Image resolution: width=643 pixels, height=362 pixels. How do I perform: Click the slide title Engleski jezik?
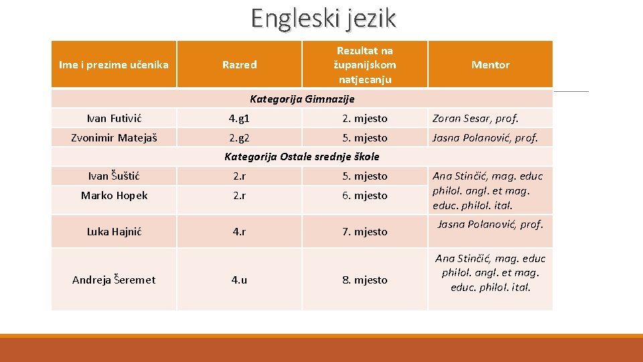coord(324,17)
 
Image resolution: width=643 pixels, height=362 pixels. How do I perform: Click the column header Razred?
coord(239,65)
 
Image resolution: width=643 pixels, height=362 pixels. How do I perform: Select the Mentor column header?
coord(490,65)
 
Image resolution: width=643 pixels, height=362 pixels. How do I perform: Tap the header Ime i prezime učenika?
coord(114,65)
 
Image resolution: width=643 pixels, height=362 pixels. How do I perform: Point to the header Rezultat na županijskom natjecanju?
coord(365,65)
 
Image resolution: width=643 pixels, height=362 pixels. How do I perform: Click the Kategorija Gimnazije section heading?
coord(302,99)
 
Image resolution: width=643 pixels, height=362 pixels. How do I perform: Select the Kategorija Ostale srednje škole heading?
coord(301,157)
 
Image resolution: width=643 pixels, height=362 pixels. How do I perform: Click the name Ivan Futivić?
coord(115,119)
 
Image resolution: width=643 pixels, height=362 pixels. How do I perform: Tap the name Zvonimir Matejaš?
coord(114,138)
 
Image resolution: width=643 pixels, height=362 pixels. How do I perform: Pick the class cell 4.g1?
coord(239,119)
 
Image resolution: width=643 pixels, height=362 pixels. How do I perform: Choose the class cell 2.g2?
coord(239,138)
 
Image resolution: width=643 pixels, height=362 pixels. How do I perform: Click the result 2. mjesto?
coord(365,119)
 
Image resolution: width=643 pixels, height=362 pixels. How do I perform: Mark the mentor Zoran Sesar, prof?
coord(476,119)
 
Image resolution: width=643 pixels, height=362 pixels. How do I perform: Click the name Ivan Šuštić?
coord(115,176)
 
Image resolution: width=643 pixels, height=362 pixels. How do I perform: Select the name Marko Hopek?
coord(114,196)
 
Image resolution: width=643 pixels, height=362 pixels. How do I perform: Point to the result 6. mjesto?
coord(365,196)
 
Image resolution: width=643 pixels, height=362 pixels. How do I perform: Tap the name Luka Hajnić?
coord(115,232)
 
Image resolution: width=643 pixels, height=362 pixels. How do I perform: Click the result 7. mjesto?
coord(365,232)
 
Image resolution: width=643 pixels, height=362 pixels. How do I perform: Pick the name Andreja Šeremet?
coord(114,280)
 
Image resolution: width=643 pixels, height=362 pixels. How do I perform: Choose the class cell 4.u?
coord(239,280)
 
